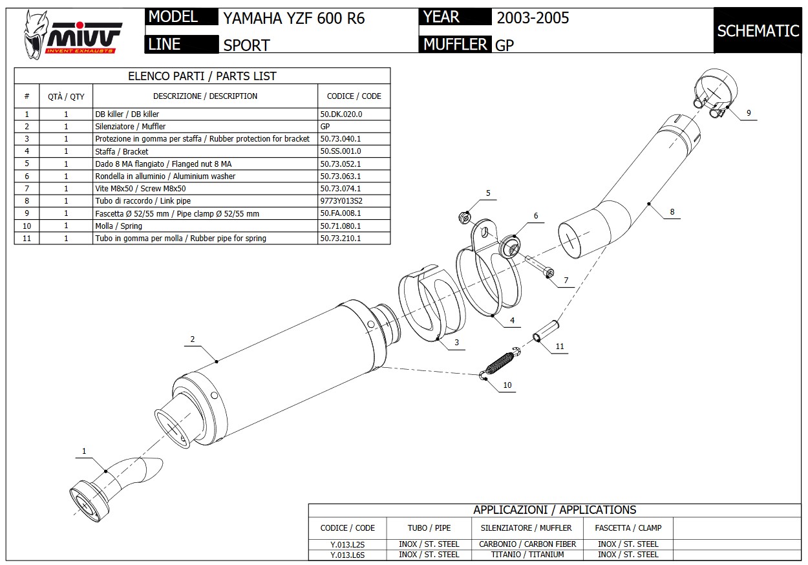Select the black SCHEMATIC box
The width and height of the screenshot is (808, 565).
[x=758, y=30]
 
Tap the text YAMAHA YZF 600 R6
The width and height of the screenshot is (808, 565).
[x=294, y=18]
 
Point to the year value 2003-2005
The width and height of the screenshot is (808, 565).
[x=533, y=17]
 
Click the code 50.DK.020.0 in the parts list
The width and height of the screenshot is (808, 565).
[x=341, y=114]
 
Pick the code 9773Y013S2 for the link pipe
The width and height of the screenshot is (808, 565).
[x=341, y=201]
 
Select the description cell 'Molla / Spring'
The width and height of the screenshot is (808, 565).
[x=119, y=226]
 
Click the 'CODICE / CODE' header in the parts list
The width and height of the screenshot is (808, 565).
[x=354, y=96]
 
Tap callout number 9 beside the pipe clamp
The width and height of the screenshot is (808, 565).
[x=749, y=113]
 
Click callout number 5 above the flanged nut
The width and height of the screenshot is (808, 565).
[x=488, y=193]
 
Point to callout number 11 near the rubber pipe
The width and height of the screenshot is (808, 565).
[x=560, y=346]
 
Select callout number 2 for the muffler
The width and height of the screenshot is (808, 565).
[x=192, y=339]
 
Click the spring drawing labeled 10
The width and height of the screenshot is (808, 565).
[x=501, y=363]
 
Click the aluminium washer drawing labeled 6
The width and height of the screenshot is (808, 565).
[x=511, y=247]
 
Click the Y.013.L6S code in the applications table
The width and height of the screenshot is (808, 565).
[x=347, y=555]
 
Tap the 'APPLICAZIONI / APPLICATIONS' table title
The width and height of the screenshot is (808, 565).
[x=555, y=510]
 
